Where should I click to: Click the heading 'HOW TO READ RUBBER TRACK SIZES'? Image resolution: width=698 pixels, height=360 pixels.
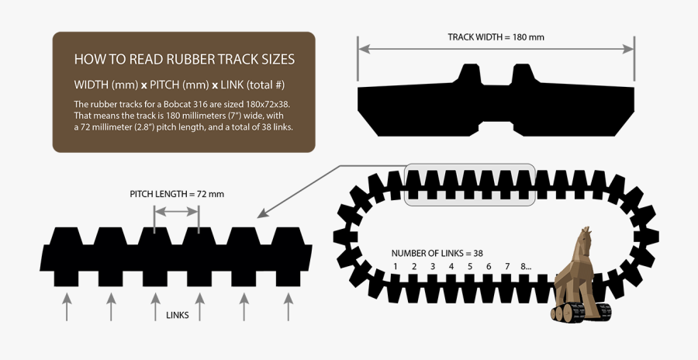pyautogui.click(x=184, y=60)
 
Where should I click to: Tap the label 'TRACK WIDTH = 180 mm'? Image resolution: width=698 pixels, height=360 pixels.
pyautogui.click(x=496, y=36)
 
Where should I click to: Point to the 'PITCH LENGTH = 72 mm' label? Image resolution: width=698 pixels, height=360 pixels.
pyautogui.click(x=176, y=194)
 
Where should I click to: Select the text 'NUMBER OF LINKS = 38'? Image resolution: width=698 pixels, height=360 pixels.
pyautogui.click(x=437, y=253)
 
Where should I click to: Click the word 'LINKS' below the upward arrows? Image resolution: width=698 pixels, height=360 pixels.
pyautogui.click(x=178, y=315)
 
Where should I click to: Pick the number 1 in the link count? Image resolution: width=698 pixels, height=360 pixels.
pyautogui.click(x=396, y=267)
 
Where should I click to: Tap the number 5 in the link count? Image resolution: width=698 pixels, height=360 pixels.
pyautogui.click(x=470, y=267)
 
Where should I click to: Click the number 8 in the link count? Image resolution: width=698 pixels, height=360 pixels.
pyautogui.click(x=524, y=267)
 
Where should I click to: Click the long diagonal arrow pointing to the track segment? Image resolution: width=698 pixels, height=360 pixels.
pyautogui.click(x=302, y=189)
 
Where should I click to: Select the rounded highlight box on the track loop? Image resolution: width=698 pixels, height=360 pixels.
pyautogui.click(x=470, y=185)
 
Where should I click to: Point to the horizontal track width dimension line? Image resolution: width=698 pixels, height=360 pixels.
pyautogui.click(x=496, y=49)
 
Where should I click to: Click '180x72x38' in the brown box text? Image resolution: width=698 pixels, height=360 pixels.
pyautogui.click(x=262, y=104)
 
